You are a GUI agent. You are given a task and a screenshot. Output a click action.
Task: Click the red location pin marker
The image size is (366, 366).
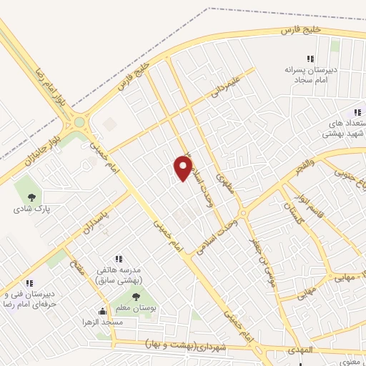[184, 167]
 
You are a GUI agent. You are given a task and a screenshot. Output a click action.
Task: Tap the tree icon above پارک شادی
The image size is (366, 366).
[31, 197]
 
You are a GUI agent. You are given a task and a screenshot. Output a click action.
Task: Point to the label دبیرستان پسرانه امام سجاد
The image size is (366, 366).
[303, 76]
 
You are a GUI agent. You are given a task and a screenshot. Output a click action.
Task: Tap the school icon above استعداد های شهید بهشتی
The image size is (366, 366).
[357, 112]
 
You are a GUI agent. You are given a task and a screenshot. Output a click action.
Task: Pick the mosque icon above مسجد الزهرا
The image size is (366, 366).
[104, 312]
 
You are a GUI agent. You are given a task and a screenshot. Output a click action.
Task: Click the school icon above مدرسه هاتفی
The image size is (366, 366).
[119, 259]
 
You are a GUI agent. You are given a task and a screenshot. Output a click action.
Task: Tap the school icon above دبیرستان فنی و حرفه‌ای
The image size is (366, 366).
[29, 283]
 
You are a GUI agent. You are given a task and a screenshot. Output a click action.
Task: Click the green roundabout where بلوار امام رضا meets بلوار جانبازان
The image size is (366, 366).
[79, 124]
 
